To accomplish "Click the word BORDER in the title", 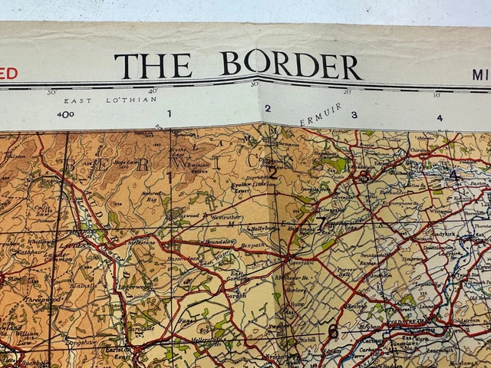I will point(290,66).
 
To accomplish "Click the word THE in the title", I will point(153,67).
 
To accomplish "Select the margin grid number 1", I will point(170,116).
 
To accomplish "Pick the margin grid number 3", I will point(354,116).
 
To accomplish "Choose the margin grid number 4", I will point(440,117).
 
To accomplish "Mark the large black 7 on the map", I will point(321,224).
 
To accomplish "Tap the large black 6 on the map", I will point(332,331).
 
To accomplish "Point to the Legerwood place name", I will point(137,287).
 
